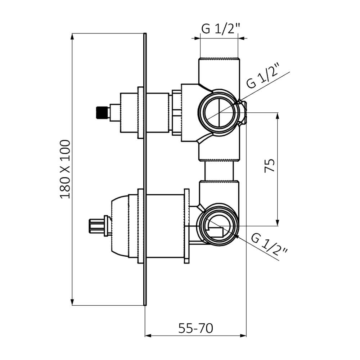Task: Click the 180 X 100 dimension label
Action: tap(65, 170)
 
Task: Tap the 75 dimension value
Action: tap(270, 166)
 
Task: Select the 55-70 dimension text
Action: tap(195, 328)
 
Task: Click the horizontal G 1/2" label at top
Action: tap(221, 28)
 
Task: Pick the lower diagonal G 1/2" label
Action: tap(269, 244)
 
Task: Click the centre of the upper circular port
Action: tap(220, 113)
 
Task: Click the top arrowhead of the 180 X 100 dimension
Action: tap(73, 37)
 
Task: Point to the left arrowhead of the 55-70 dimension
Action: tap(148, 336)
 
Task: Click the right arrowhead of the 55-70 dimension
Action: tap(243, 336)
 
